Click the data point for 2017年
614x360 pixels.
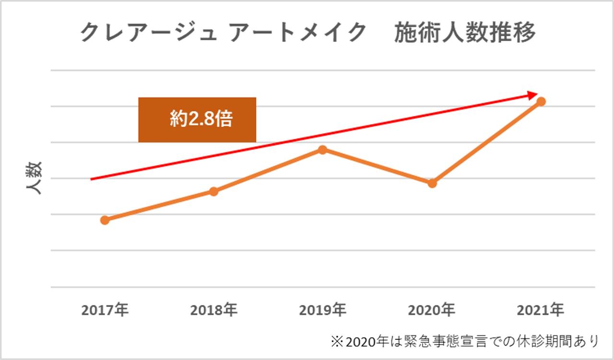[x=105, y=220]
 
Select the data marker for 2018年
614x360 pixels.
[x=214, y=191]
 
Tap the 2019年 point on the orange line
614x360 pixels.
[x=323, y=150]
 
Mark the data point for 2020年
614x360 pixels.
[x=432, y=183]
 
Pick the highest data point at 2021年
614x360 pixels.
[x=541, y=102]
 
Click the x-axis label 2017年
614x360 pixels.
[x=105, y=311]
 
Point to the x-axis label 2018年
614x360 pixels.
[x=214, y=311]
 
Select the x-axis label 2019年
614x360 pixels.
[x=323, y=311]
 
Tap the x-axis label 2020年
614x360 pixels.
[x=432, y=311]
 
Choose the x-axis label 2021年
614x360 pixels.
[x=541, y=311]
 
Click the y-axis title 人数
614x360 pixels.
[x=34, y=177]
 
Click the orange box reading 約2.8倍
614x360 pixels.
[x=197, y=120]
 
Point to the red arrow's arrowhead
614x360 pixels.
[x=533, y=95]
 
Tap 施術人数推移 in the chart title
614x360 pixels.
[x=464, y=34]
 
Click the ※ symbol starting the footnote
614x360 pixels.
[x=336, y=341]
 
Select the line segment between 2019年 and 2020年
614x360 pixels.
[x=378, y=166]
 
